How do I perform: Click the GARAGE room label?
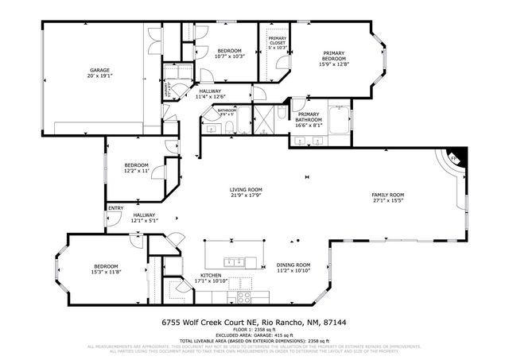[99, 70]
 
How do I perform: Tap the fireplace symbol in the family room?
[455, 158]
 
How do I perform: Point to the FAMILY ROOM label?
[388, 195]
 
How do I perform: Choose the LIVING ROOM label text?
[246, 189]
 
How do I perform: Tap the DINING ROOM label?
[293, 265]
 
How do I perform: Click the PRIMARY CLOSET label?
[277, 41]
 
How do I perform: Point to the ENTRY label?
[116, 208]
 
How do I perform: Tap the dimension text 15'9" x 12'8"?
[333, 64]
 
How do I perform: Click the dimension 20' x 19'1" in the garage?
[99, 76]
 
